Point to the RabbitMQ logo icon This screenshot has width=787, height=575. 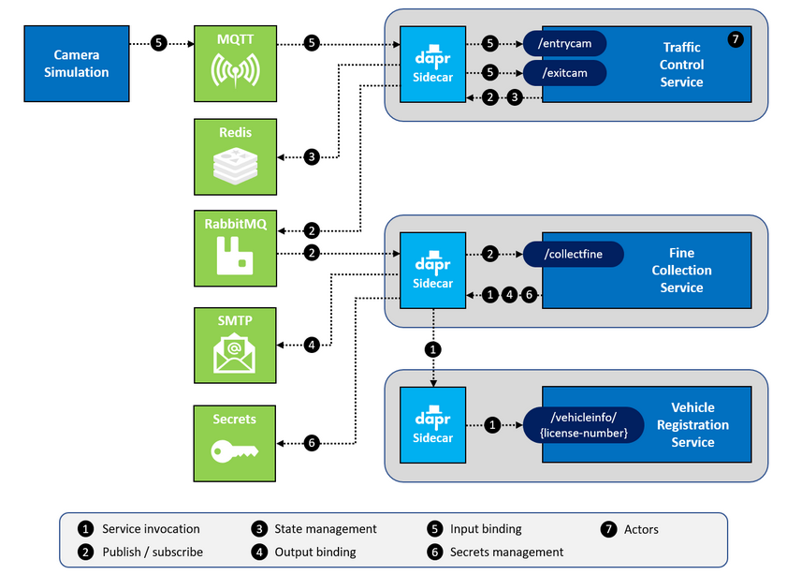click(236, 256)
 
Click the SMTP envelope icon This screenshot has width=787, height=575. click(236, 351)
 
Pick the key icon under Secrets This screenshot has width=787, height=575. click(236, 451)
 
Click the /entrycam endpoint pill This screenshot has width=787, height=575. click(565, 43)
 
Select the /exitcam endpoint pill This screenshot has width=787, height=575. click(565, 72)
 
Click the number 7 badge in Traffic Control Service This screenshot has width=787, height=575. click(735, 39)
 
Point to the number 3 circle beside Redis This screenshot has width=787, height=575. click(313, 157)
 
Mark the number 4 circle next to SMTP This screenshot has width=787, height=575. click(313, 345)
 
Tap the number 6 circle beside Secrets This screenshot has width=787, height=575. click(313, 443)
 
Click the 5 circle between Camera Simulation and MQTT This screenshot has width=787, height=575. click(159, 42)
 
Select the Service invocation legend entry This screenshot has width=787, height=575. click(140, 529)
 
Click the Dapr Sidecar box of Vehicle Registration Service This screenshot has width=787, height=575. click(433, 424)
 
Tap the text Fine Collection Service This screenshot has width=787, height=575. click(681, 270)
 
